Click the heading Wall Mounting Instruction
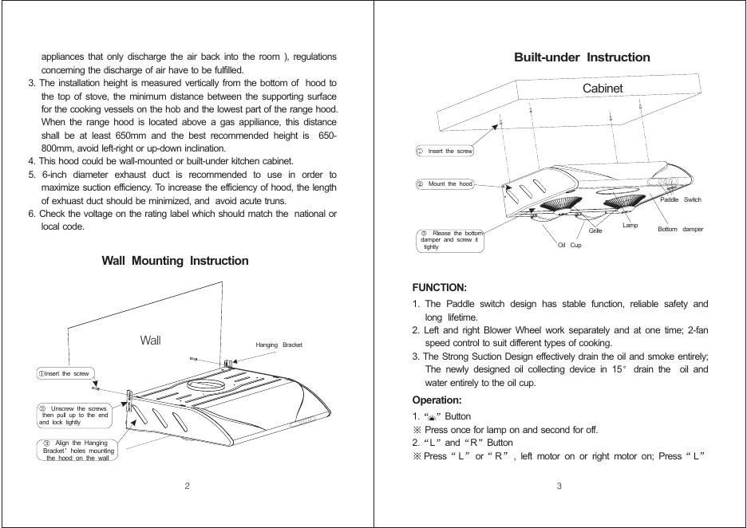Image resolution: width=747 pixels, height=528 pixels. pos(175,261)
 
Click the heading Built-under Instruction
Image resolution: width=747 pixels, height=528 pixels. pos(582,57)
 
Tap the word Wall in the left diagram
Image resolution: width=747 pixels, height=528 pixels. pos(150,341)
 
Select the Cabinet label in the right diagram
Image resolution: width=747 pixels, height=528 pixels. pos(603,89)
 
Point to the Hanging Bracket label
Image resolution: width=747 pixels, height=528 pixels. pos(279,345)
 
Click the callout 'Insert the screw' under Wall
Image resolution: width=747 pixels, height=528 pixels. pos(65,373)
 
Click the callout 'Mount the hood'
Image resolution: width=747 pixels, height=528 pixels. pos(445,184)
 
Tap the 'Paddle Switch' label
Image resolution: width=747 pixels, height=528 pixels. pos(681,200)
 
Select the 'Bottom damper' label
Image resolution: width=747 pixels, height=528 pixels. pos(680,230)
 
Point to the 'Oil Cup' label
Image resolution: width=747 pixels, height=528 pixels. pos(569,245)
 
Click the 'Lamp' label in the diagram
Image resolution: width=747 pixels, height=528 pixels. pos(630,226)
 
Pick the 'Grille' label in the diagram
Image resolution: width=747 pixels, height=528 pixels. pos(595,231)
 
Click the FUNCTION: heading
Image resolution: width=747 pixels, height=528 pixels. pos(439,287)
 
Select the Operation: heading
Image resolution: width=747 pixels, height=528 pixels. pos(437,400)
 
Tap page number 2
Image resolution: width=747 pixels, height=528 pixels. pos(187,487)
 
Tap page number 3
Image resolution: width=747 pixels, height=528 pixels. pos(559,487)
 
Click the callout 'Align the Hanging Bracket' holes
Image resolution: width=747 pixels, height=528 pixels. pos(77,450)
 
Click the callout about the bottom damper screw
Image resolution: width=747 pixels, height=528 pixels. pos(451,240)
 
